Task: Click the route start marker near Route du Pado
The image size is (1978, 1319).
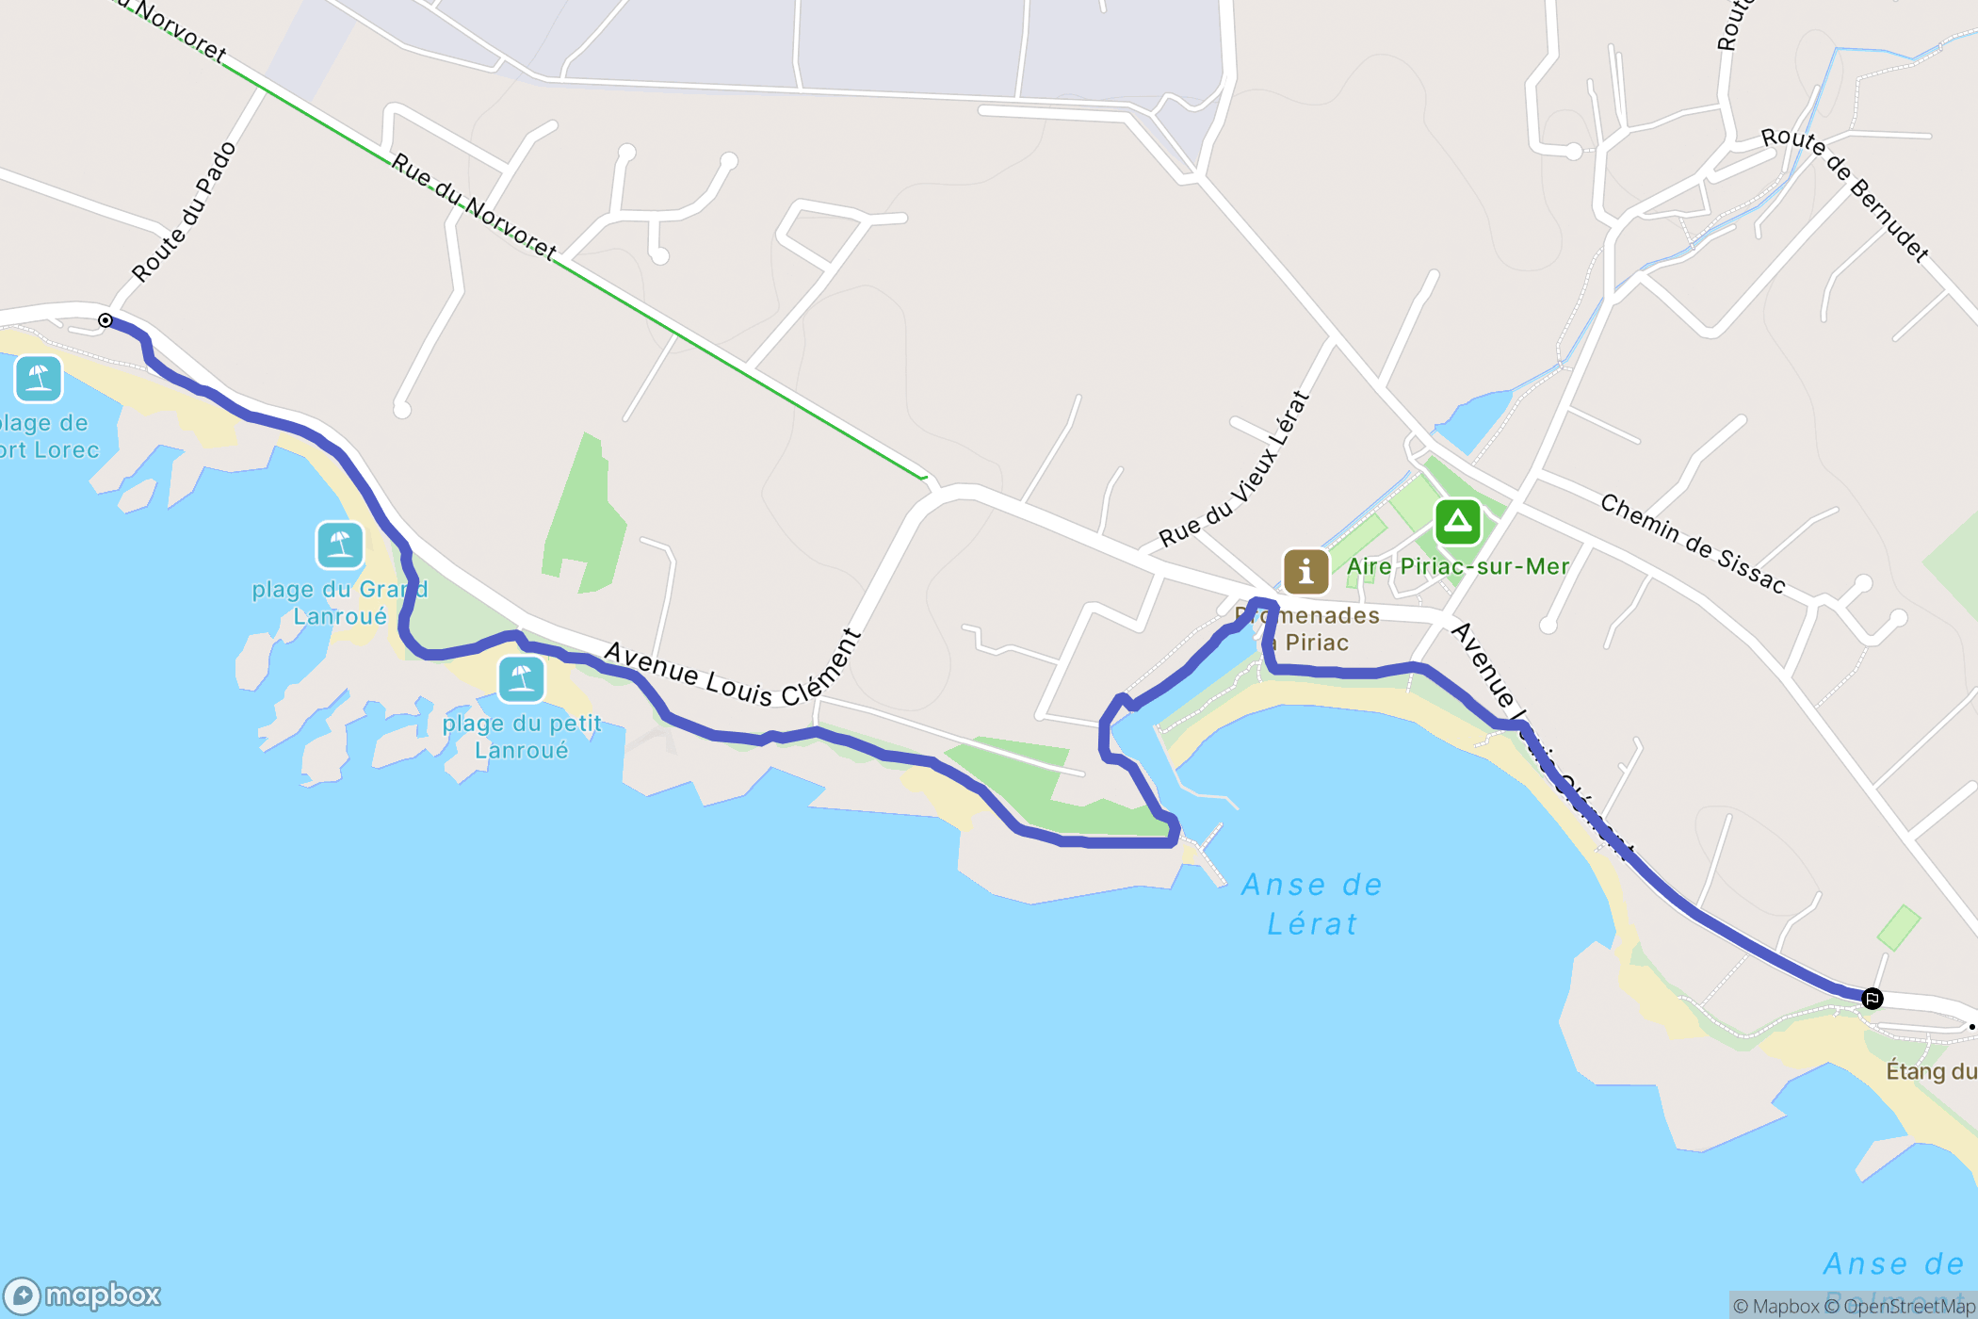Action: (x=105, y=321)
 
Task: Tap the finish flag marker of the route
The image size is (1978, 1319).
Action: (x=1872, y=999)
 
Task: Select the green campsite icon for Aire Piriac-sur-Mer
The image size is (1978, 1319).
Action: (x=1457, y=521)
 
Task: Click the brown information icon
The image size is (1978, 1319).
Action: (x=1305, y=571)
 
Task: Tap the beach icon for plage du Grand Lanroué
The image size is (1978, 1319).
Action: (x=340, y=545)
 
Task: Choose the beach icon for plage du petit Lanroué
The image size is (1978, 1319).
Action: (x=521, y=678)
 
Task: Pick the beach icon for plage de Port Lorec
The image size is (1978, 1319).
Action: (x=39, y=379)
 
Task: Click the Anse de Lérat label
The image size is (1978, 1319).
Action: (x=1312, y=904)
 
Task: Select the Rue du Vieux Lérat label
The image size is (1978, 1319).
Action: (x=1235, y=469)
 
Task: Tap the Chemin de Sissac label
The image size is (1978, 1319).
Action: (x=1693, y=545)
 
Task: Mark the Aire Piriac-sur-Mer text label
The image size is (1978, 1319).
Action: (x=1457, y=566)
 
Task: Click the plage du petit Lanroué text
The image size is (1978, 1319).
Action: (x=522, y=737)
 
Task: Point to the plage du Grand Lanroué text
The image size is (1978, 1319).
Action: (x=339, y=603)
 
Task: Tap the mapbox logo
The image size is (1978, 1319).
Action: (x=83, y=1295)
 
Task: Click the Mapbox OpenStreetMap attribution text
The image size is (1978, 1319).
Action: (x=1853, y=1306)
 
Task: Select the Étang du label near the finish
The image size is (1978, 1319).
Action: (x=1930, y=1071)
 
